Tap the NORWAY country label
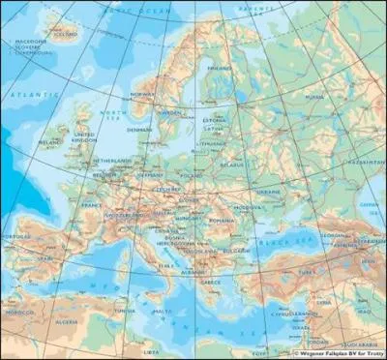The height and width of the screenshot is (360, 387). coord(143,94)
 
